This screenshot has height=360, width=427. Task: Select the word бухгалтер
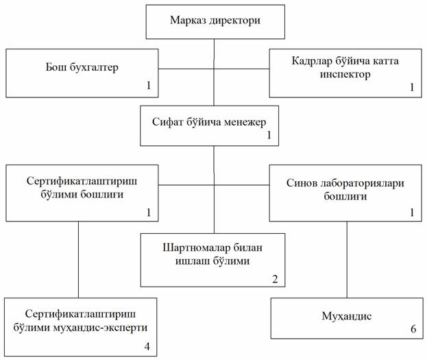click(x=94, y=68)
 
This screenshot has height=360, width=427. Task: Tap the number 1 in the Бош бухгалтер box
click(x=149, y=85)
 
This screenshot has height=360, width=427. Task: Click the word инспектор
click(x=345, y=74)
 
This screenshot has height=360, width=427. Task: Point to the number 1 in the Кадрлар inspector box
click(x=412, y=87)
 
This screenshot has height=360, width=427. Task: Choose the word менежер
click(x=245, y=122)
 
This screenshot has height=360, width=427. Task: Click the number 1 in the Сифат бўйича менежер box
click(x=269, y=135)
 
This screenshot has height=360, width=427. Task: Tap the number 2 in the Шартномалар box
click(x=275, y=279)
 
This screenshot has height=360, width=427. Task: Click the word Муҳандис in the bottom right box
click(x=347, y=316)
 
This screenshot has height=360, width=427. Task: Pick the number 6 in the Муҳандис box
click(x=413, y=329)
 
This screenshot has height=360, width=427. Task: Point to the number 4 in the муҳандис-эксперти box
click(x=147, y=346)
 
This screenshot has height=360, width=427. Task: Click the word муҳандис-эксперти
click(x=100, y=328)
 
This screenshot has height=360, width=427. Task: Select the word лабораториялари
click(x=362, y=183)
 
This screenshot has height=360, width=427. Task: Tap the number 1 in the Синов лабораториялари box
click(x=412, y=213)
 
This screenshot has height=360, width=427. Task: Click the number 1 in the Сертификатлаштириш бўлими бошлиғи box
click(x=149, y=213)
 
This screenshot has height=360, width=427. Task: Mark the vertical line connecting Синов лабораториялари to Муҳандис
click(x=347, y=259)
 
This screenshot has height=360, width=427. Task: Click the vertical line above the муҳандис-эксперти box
click(x=78, y=259)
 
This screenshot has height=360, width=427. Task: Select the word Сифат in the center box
click(x=167, y=122)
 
